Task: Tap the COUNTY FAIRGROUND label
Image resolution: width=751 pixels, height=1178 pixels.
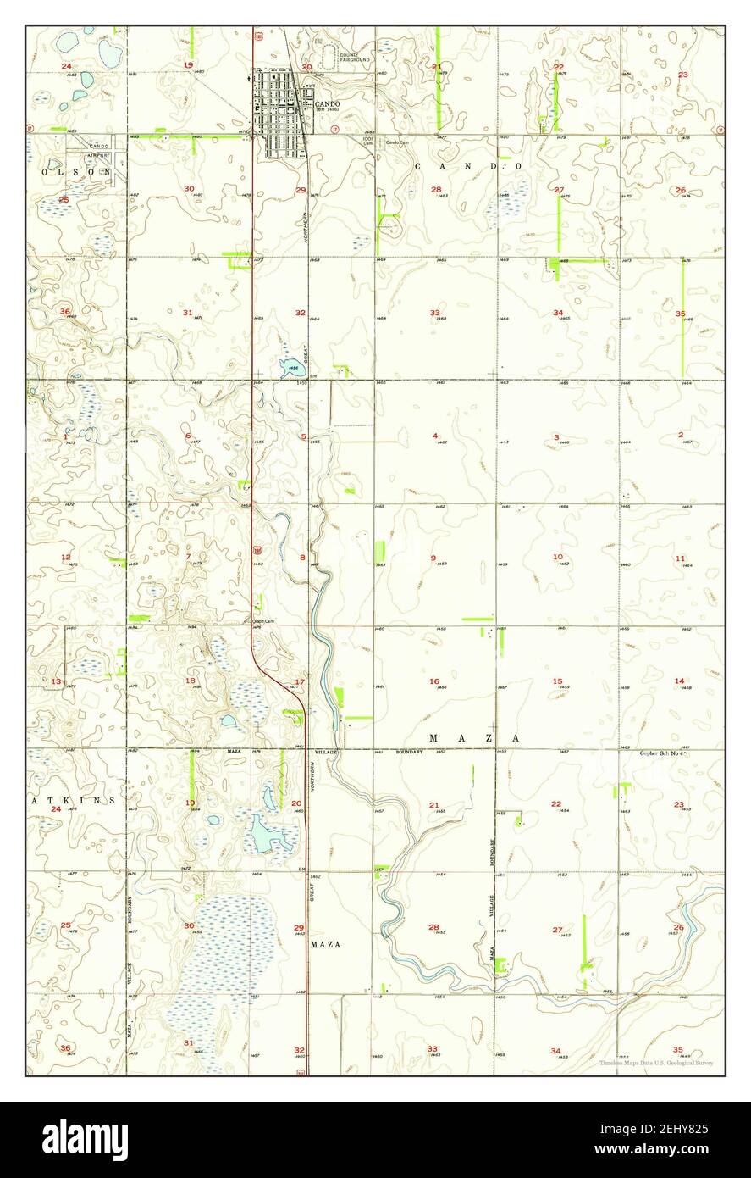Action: coord(355,58)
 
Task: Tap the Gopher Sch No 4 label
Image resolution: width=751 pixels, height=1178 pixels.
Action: coord(660,752)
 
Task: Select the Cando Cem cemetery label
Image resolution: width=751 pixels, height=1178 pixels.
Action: coord(397,142)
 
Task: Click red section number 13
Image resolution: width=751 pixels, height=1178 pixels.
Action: coord(56,681)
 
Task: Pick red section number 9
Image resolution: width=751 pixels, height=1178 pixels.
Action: coord(433,558)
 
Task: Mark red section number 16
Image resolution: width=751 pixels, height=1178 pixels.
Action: coord(433,681)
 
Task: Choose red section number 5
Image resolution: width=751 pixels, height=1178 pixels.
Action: coord(302,436)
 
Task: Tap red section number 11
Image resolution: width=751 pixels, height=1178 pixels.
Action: coord(680,558)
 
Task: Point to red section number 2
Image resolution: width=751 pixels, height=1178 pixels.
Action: coord(680,435)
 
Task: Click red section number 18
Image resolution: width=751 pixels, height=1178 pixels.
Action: coord(190,681)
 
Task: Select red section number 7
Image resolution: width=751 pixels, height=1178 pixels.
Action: coord(188,557)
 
